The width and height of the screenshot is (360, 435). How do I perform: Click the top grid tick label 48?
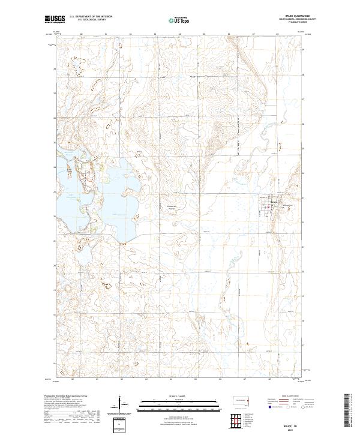(x=278, y=34)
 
